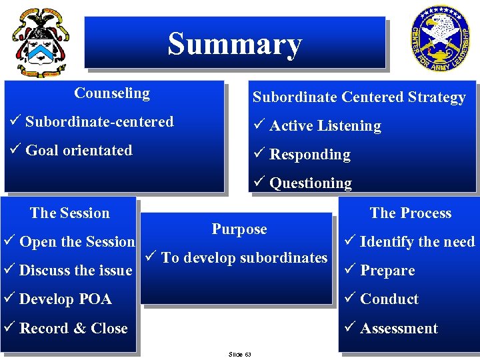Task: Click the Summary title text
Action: click(x=235, y=44)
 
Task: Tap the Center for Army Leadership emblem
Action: click(x=439, y=41)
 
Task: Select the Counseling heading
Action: click(x=112, y=93)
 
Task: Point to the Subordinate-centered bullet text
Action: click(x=99, y=122)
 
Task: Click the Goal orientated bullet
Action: click(x=79, y=151)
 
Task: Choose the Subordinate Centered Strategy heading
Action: click(x=359, y=97)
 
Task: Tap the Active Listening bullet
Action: click(x=325, y=126)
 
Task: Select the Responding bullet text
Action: click(x=309, y=155)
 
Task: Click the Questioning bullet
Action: click(x=310, y=183)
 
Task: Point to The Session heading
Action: click(x=70, y=213)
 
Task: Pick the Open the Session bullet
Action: click(x=77, y=242)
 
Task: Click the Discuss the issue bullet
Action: click(x=75, y=271)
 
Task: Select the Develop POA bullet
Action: click(x=65, y=299)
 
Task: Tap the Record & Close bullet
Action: click(x=73, y=328)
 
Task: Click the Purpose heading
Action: click(x=239, y=229)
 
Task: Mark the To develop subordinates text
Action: click(x=244, y=258)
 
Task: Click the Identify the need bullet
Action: click(x=417, y=242)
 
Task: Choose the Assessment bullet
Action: click(x=399, y=328)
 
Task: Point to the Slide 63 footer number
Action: click(x=239, y=354)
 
